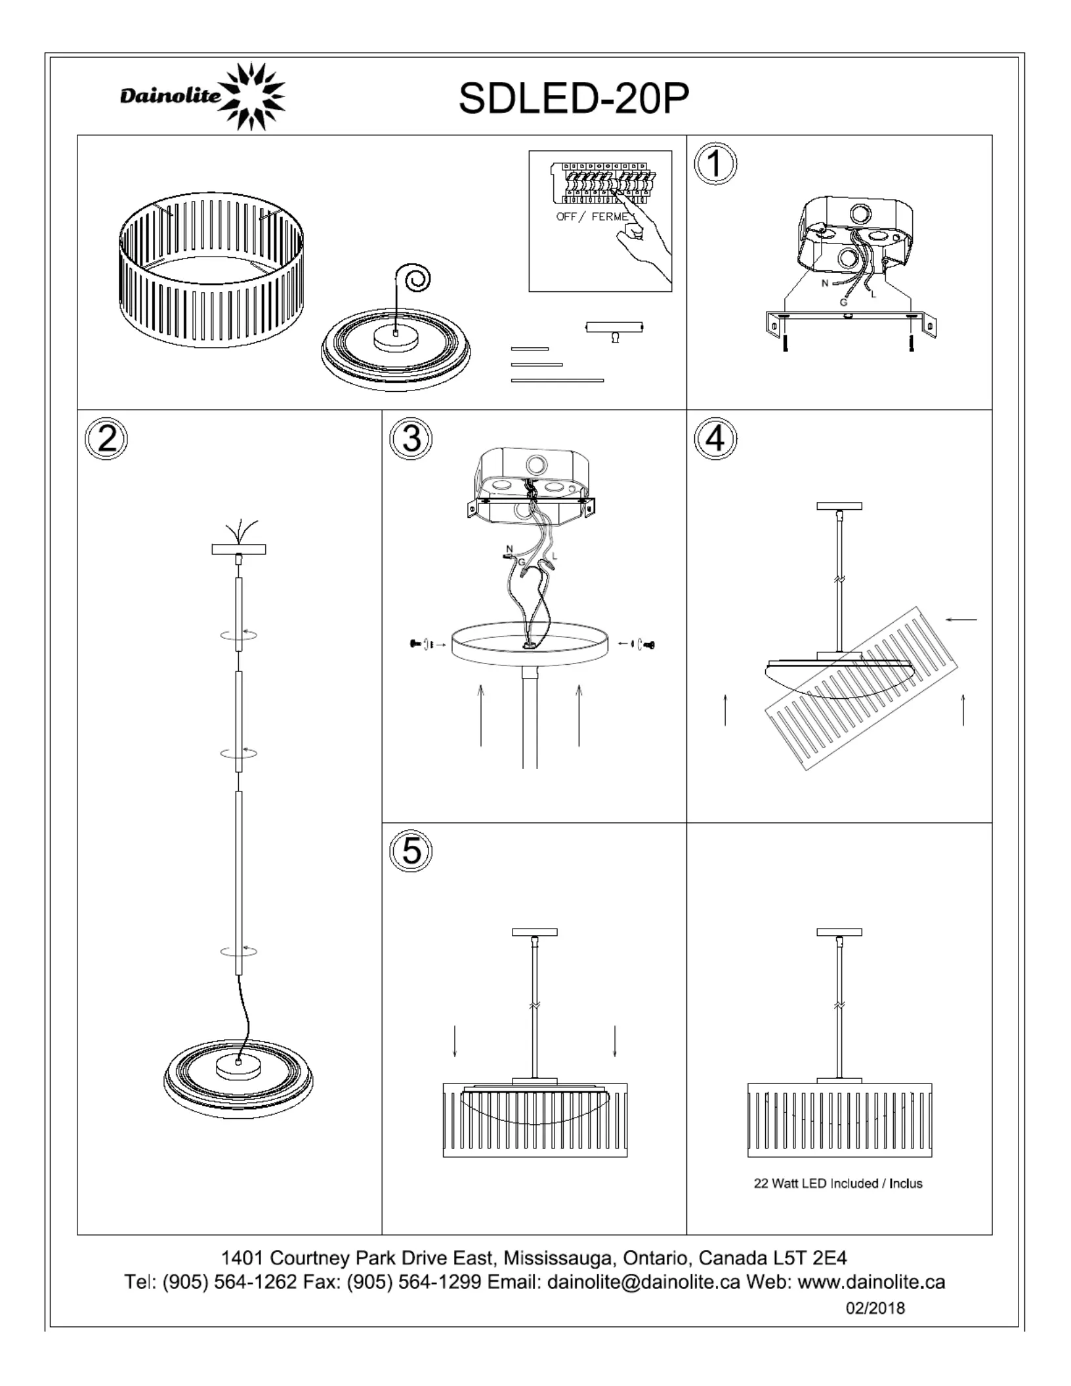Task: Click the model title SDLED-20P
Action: click(x=574, y=98)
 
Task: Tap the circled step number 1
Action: click(x=715, y=163)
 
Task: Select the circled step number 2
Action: click(x=106, y=438)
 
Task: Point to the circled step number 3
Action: click(x=411, y=438)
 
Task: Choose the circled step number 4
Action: click(x=715, y=438)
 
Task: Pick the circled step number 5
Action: click(x=411, y=850)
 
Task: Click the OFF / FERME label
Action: click(x=592, y=217)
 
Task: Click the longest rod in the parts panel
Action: click(x=557, y=380)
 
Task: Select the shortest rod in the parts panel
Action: click(x=530, y=349)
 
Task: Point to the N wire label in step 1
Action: click(x=825, y=283)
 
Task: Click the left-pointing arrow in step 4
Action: click(x=961, y=619)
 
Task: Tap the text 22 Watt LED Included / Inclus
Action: click(x=838, y=1183)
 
